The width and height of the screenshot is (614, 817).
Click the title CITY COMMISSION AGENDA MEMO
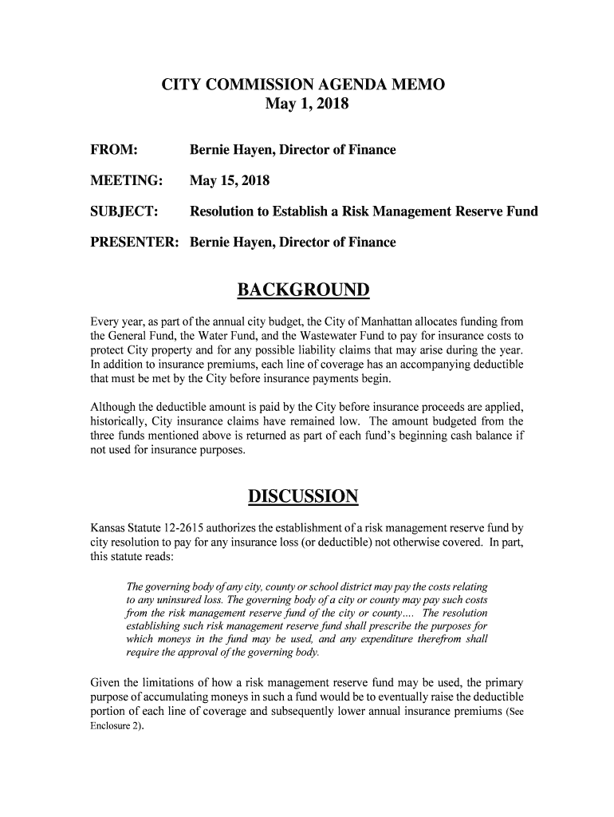303,85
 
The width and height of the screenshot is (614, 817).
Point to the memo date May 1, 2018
306,105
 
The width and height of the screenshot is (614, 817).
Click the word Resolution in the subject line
224,211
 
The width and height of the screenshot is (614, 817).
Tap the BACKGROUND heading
307,290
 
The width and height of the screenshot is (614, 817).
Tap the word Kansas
109,527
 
